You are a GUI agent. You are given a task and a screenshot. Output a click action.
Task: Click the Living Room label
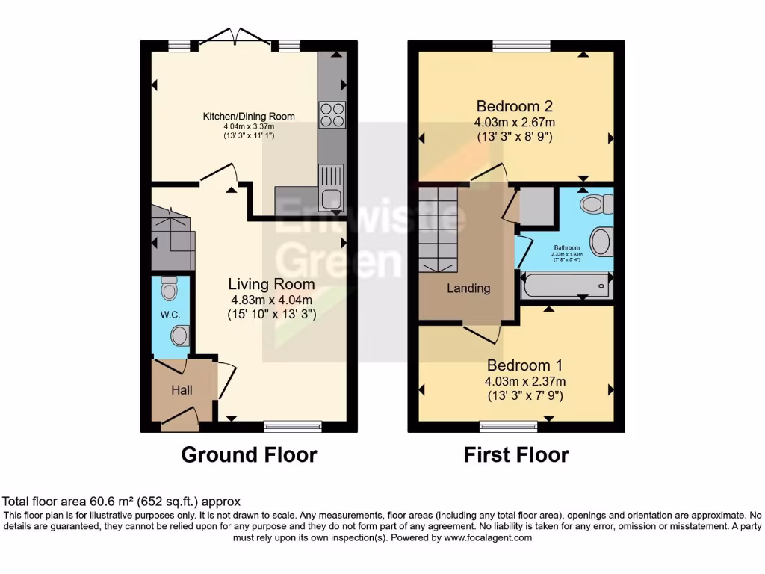(x=271, y=284)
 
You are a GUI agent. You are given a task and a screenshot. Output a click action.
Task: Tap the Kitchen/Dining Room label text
(x=249, y=116)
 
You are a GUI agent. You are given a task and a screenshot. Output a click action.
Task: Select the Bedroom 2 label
(x=515, y=105)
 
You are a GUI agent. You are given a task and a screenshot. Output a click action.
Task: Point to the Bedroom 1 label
(x=524, y=365)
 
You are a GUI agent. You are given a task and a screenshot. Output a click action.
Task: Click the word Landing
(x=468, y=288)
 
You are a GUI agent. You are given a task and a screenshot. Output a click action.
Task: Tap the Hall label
(x=182, y=390)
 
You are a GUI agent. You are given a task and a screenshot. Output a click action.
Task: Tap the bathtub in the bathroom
(x=566, y=285)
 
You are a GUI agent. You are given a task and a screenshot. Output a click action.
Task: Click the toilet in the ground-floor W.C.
(x=170, y=288)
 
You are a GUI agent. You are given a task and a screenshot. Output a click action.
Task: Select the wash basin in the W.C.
(x=179, y=336)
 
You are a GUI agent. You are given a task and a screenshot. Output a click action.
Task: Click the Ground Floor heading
(x=249, y=454)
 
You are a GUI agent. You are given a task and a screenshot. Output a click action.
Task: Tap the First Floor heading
(x=516, y=454)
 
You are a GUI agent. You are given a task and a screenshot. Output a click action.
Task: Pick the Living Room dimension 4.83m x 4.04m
(x=271, y=300)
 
